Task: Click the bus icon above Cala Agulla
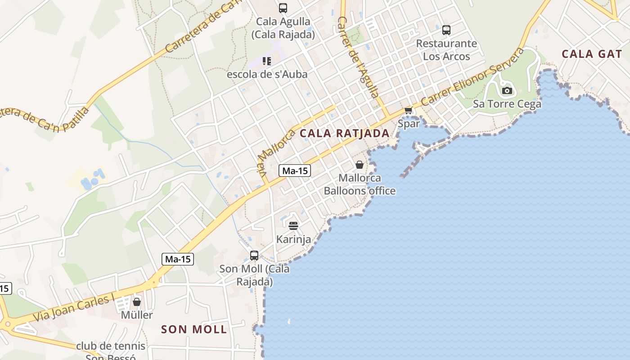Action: [283, 8]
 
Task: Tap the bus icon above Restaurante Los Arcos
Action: [446, 30]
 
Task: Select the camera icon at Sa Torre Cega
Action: [507, 90]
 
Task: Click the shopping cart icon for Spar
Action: [408, 110]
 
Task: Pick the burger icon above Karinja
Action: [293, 225]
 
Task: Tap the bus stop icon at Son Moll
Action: [254, 256]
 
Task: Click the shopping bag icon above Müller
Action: [137, 302]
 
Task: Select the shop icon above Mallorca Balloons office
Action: [359, 165]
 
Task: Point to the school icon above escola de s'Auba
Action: [267, 61]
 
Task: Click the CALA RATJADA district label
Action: [344, 133]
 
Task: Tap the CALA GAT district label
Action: [591, 54]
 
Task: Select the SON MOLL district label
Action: [194, 329]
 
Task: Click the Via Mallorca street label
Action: [276, 152]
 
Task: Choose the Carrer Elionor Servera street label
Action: [472, 76]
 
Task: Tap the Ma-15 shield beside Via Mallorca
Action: [295, 171]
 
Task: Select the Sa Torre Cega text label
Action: [507, 104]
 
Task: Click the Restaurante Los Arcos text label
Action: [446, 50]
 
